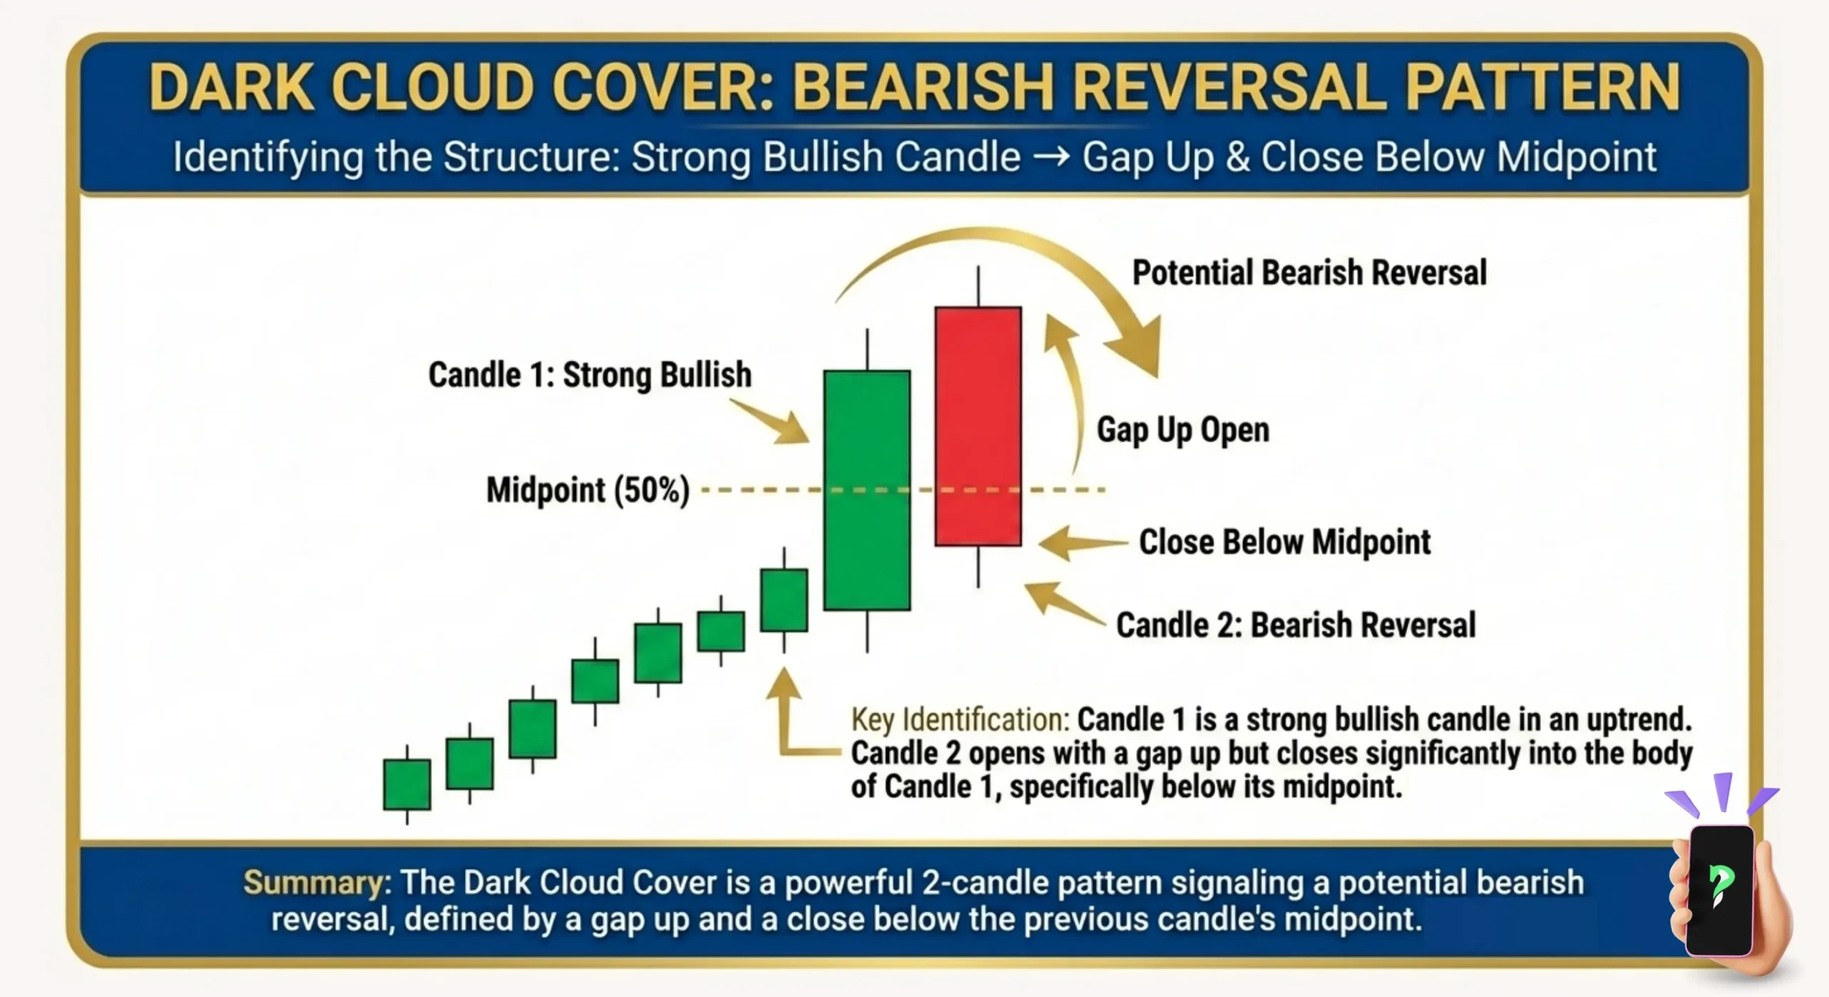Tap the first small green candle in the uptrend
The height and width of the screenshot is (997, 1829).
click(x=407, y=784)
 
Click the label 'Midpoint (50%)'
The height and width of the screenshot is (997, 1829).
click(x=587, y=491)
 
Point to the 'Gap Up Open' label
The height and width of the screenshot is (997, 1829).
click(x=1183, y=430)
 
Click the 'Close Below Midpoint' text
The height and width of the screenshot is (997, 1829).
click(x=1284, y=542)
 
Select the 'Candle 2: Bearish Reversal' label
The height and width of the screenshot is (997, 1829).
click(x=1295, y=625)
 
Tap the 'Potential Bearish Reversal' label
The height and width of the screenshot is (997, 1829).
click(x=1309, y=273)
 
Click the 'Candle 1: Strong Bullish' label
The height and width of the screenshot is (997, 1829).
click(x=589, y=375)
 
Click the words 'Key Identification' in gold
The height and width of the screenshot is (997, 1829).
click(x=960, y=720)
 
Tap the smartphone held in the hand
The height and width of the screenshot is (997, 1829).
click(x=1719, y=889)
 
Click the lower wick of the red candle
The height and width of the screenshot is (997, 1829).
click(x=977, y=566)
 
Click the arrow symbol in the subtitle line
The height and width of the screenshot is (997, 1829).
click(x=1051, y=157)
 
